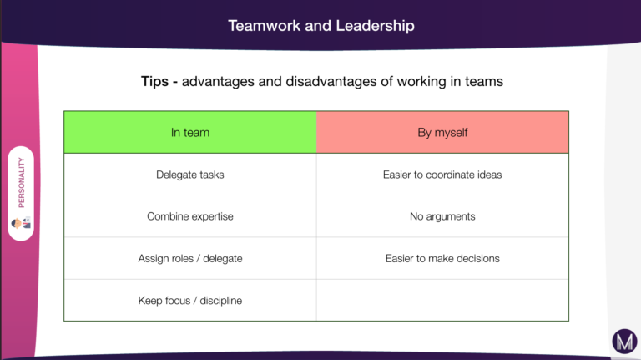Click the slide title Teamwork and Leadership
tap(320, 25)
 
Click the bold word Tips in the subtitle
tap(154, 81)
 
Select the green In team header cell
tap(190, 132)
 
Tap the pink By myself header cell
tap(442, 132)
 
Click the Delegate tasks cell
tap(190, 175)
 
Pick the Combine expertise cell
tap(190, 216)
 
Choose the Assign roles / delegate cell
tap(190, 258)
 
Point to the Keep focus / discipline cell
tap(190, 300)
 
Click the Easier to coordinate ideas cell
tap(442, 175)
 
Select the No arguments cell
tap(442, 216)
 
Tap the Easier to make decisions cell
tap(442, 258)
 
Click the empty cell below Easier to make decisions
tap(442, 300)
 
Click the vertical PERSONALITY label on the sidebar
tap(21, 182)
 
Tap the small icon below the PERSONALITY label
tap(21, 223)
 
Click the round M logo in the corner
tap(624, 341)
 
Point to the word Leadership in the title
tap(375, 25)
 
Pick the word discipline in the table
tap(220, 301)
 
